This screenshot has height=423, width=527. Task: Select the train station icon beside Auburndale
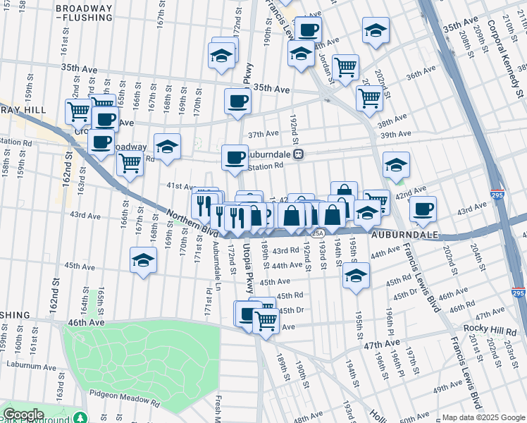(x=299, y=154)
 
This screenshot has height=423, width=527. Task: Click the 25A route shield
(x=318, y=233)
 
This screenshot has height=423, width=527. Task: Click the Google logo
(x=23, y=415)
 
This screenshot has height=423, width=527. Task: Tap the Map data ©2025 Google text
(x=478, y=417)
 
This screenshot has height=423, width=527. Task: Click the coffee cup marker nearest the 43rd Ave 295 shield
(x=423, y=209)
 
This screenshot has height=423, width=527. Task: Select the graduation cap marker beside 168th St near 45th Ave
(x=143, y=260)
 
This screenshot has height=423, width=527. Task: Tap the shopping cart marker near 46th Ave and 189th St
(x=266, y=321)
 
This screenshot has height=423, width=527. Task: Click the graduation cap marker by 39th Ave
(x=396, y=165)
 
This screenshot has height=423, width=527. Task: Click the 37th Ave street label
(x=263, y=134)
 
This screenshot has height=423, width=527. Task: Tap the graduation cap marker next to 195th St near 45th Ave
(x=356, y=275)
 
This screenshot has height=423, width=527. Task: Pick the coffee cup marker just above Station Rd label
(x=235, y=157)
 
